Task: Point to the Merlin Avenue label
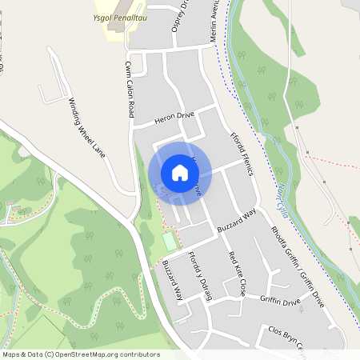(x=215, y=22)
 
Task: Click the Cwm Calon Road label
(x=129, y=88)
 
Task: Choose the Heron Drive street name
(x=175, y=117)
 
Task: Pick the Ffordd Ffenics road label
(x=246, y=151)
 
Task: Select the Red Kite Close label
(x=237, y=274)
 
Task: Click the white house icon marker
(x=180, y=172)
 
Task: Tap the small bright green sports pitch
(x=169, y=240)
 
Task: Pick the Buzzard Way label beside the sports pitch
(x=173, y=280)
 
